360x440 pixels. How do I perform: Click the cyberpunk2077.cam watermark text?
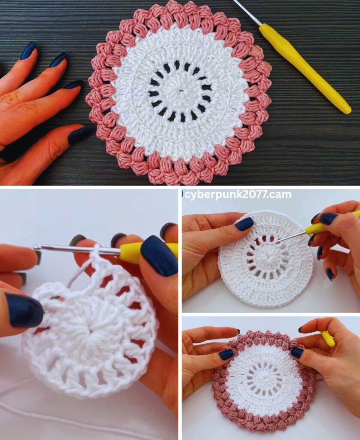(x=238, y=195)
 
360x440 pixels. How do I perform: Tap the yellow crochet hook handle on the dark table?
(x=305, y=68)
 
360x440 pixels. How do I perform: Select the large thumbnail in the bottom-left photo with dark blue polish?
(x=159, y=255)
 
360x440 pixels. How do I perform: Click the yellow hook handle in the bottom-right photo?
(x=327, y=338)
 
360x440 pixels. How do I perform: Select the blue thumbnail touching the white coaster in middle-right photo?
(x=244, y=223)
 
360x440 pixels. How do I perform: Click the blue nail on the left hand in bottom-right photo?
(x=226, y=354)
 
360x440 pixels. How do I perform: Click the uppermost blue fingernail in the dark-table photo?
(x=28, y=51)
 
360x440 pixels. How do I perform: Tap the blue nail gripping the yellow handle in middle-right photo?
(x=329, y=218)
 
